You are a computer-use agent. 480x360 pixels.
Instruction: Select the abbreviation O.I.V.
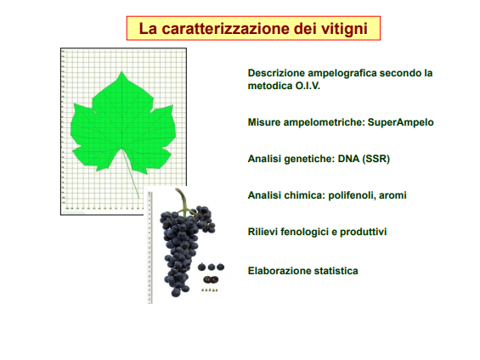click(x=308, y=86)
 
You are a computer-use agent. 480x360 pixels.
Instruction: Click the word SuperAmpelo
click(x=400, y=122)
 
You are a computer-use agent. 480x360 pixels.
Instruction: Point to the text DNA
click(x=348, y=159)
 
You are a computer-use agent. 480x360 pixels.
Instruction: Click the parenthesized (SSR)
click(x=376, y=159)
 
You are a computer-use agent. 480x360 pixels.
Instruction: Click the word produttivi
click(x=364, y=232)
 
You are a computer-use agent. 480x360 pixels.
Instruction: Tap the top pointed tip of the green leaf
click(x=121, y=71)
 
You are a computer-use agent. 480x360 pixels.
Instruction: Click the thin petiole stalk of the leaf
click(x=131, y=174)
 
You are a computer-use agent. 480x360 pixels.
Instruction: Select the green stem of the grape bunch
click(x=184, y=203)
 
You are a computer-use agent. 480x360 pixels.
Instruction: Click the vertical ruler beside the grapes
click(x=150, y=247)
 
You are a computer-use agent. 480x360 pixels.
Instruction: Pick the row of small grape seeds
click(x=210, y=290)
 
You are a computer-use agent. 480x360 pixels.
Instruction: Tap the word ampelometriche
click(x=324, y=122)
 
